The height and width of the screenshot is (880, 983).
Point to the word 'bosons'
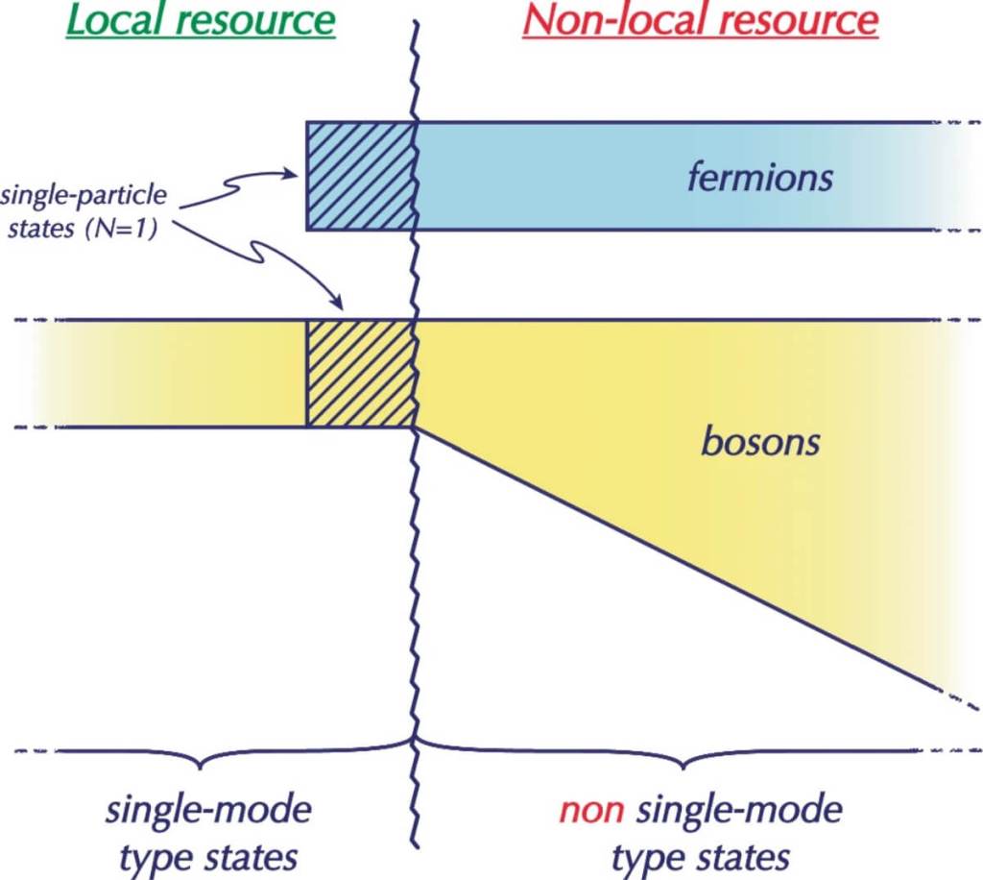760,443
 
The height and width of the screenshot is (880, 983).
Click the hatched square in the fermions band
360,176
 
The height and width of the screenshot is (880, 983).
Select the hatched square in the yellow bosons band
360,374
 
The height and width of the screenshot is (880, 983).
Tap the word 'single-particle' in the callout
84,196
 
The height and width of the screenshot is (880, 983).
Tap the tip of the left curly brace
200,766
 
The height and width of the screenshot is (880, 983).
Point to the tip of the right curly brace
683,766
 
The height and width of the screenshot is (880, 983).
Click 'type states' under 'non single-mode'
701,855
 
